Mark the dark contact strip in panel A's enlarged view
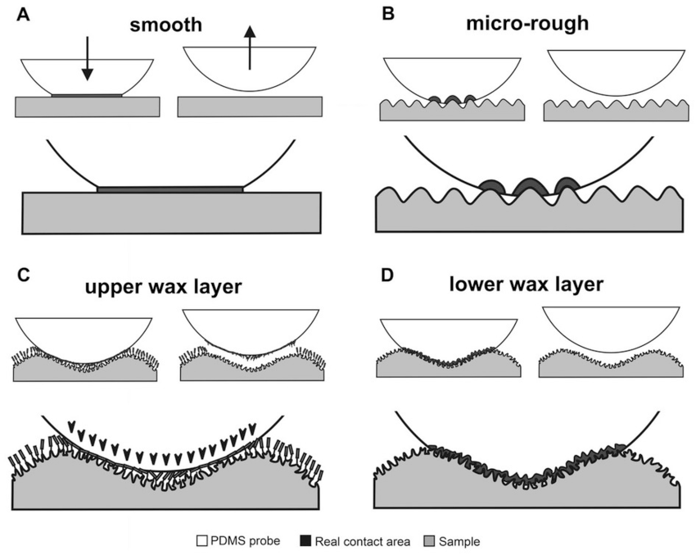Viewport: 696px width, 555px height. click(x=170, y=189)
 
